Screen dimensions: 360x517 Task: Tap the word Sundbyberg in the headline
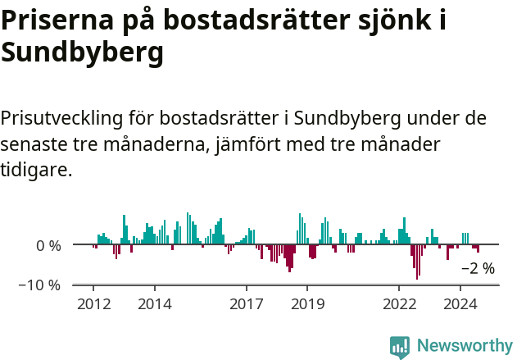tap(82, 53)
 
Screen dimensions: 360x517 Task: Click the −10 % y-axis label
tap(40, 285)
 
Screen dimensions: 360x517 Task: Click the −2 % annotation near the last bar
tap(478, 268)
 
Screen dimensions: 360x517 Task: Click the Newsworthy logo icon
tap(400, 347)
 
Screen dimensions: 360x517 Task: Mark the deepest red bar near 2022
tap(416, 262)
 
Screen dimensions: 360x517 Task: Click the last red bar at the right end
tap(478, 248)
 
